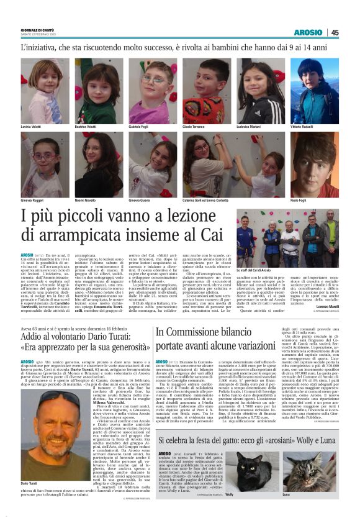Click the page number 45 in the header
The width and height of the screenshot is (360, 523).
(x=335, y=33)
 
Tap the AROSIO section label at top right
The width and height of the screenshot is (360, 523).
(x=308, y=33)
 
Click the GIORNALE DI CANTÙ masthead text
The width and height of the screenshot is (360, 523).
(x=38, y=30)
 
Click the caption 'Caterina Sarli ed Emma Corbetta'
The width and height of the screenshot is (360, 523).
(x=206, y=201)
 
